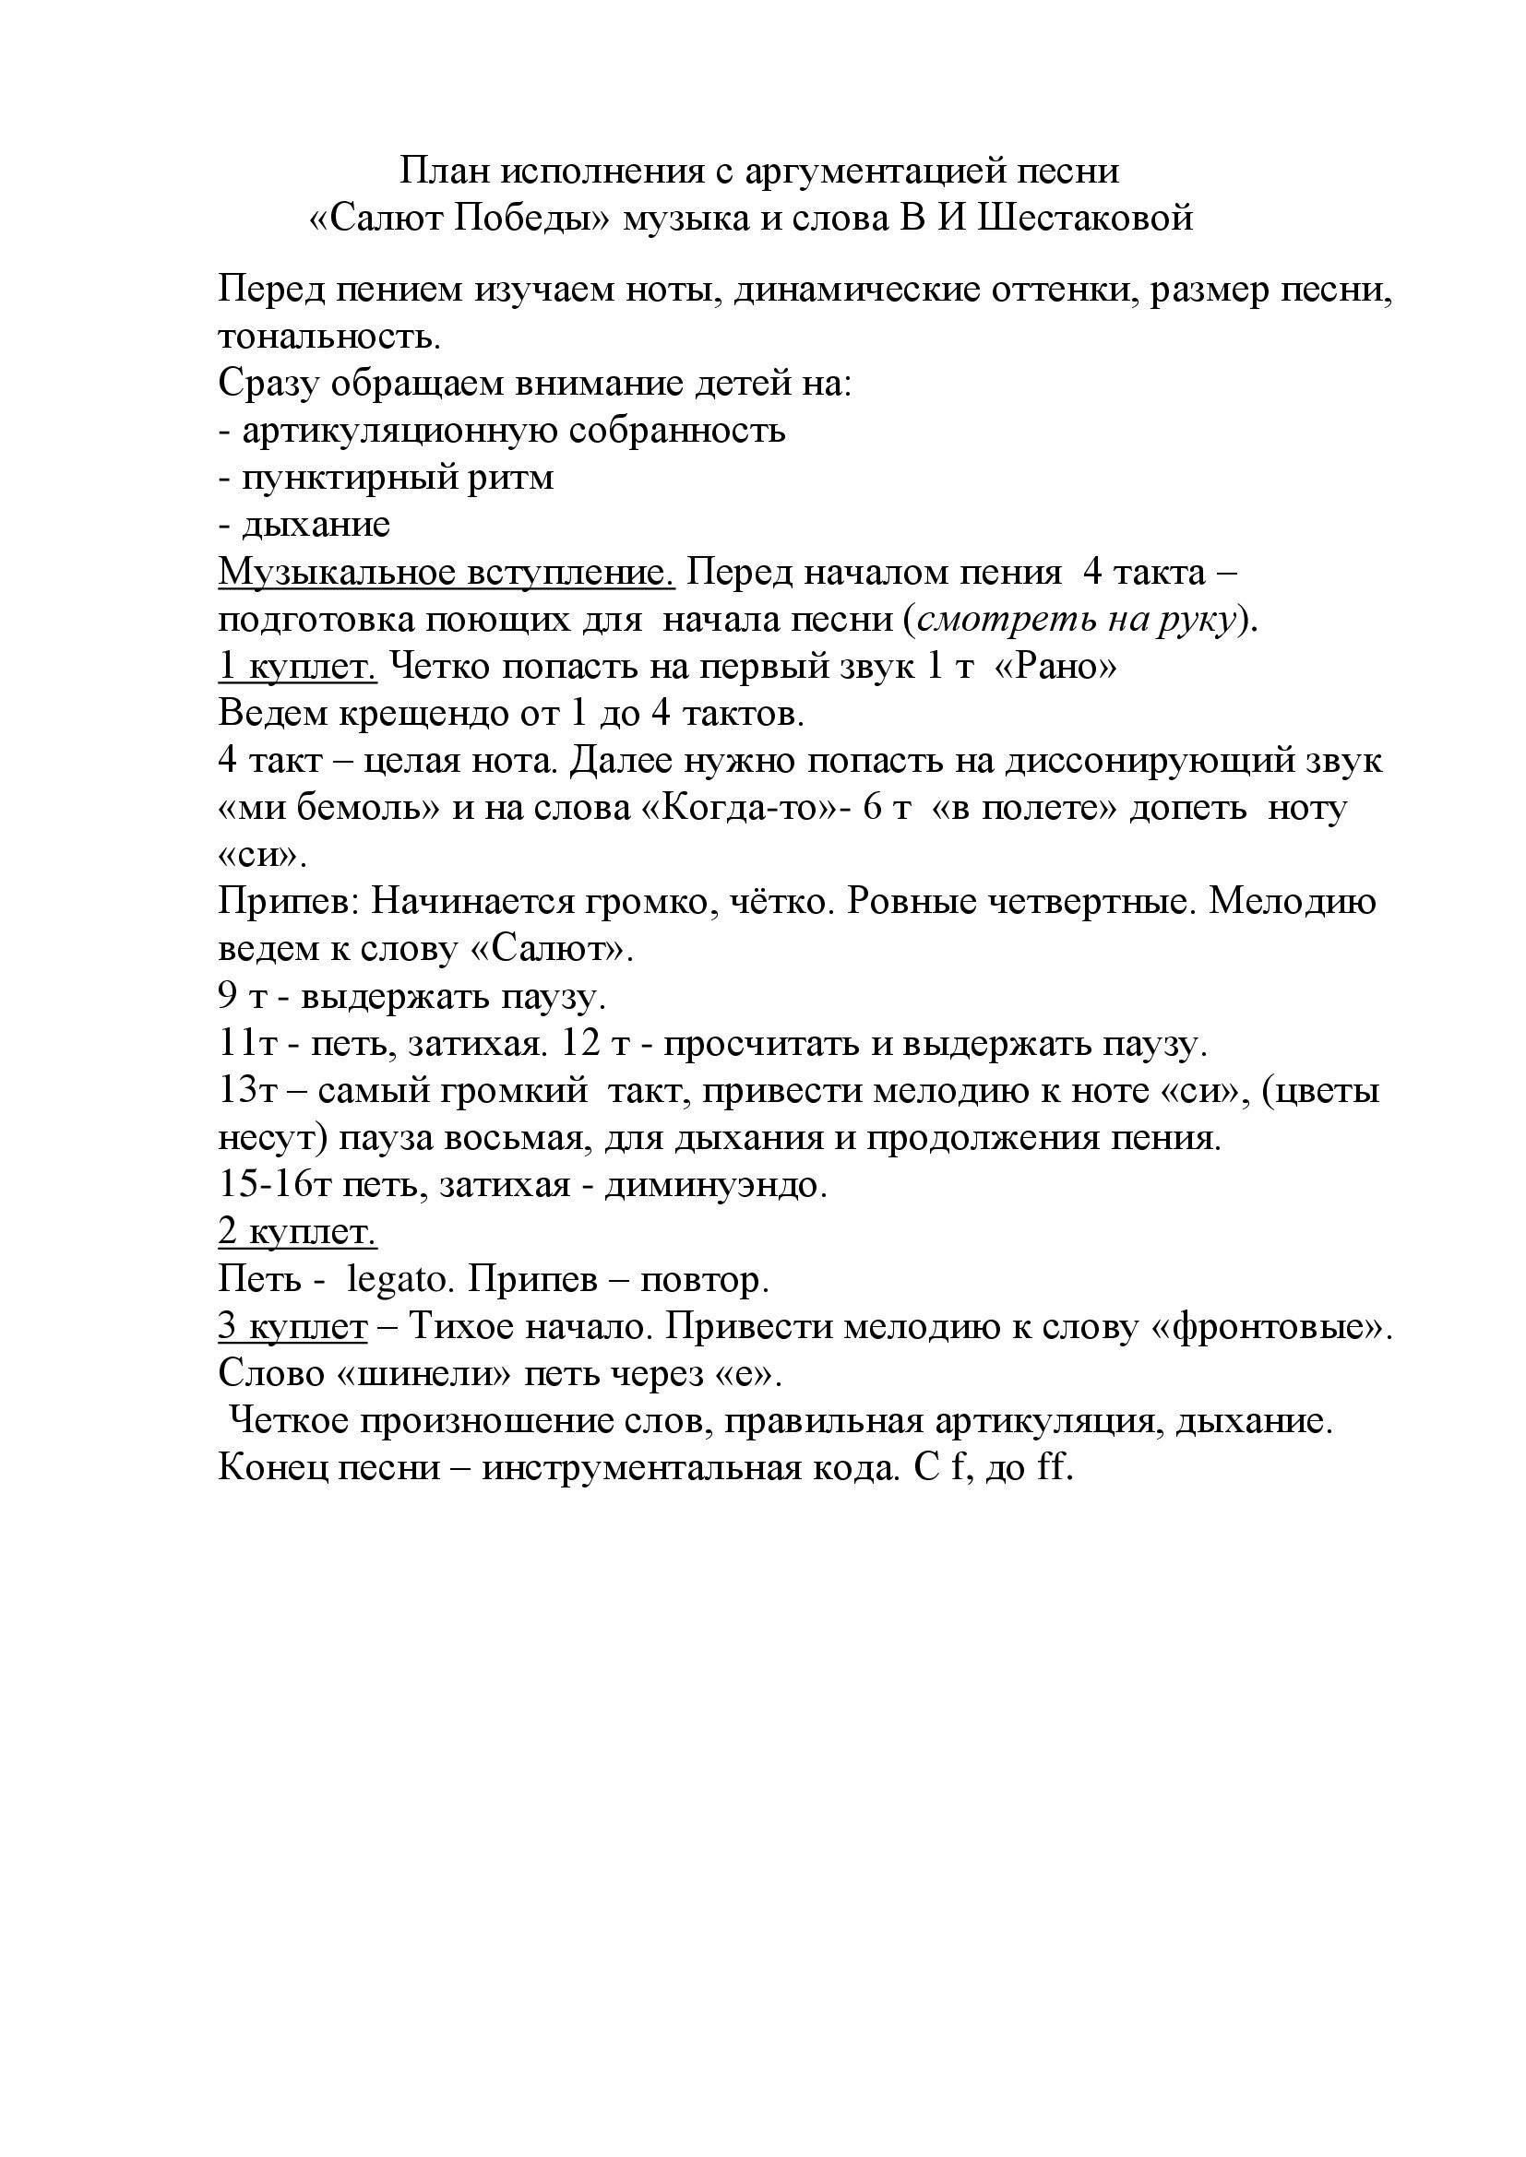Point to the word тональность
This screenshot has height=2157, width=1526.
[328, 337]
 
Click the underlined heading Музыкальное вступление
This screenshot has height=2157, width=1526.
[447, 571]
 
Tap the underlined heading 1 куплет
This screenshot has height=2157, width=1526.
[297, 666]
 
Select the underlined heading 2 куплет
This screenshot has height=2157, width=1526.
[297, 1232]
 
